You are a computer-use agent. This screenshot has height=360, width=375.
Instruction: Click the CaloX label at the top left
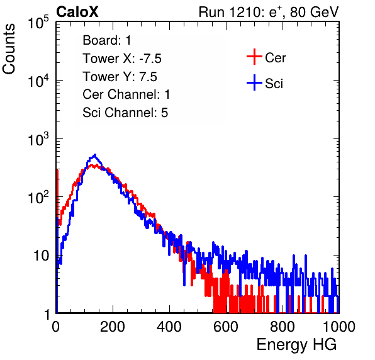pos(77,12)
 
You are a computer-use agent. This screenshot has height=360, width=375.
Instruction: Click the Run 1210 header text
pos(269,12)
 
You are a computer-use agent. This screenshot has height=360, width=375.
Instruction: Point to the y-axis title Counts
pos(9,49)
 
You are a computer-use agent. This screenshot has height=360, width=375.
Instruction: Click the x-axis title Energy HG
pos(296,344)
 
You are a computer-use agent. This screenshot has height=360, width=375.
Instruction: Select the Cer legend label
pos(275,58)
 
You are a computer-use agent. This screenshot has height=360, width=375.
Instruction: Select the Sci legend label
pos(274,84)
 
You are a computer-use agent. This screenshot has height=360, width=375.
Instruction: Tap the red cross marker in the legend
pos(254,57)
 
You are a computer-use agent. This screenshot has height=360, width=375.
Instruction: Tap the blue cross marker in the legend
pos(254,82)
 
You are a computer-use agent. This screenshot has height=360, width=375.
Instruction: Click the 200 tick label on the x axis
pos(113,327)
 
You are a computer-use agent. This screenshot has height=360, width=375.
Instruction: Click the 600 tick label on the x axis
pos(226,327)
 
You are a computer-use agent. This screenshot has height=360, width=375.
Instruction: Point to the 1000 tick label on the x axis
pos(339,327)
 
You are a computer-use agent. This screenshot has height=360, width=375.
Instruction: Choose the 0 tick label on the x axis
pos(56,327)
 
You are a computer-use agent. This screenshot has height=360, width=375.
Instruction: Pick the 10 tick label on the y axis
pos(41,256)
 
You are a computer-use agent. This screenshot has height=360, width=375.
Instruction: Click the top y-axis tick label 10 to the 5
pos(38,22)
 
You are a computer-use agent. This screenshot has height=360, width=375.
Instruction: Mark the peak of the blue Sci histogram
pos(95,155)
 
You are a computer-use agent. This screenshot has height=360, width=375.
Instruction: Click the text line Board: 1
pos(107,40)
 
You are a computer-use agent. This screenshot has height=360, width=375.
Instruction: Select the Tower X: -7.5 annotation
pos(122,59)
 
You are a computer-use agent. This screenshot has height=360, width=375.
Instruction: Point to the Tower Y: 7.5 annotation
pos(120,77)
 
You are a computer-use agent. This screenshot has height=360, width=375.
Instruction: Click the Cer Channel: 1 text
pos(126,94)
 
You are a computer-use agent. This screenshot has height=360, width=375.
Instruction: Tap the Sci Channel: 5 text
pos(125,113)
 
